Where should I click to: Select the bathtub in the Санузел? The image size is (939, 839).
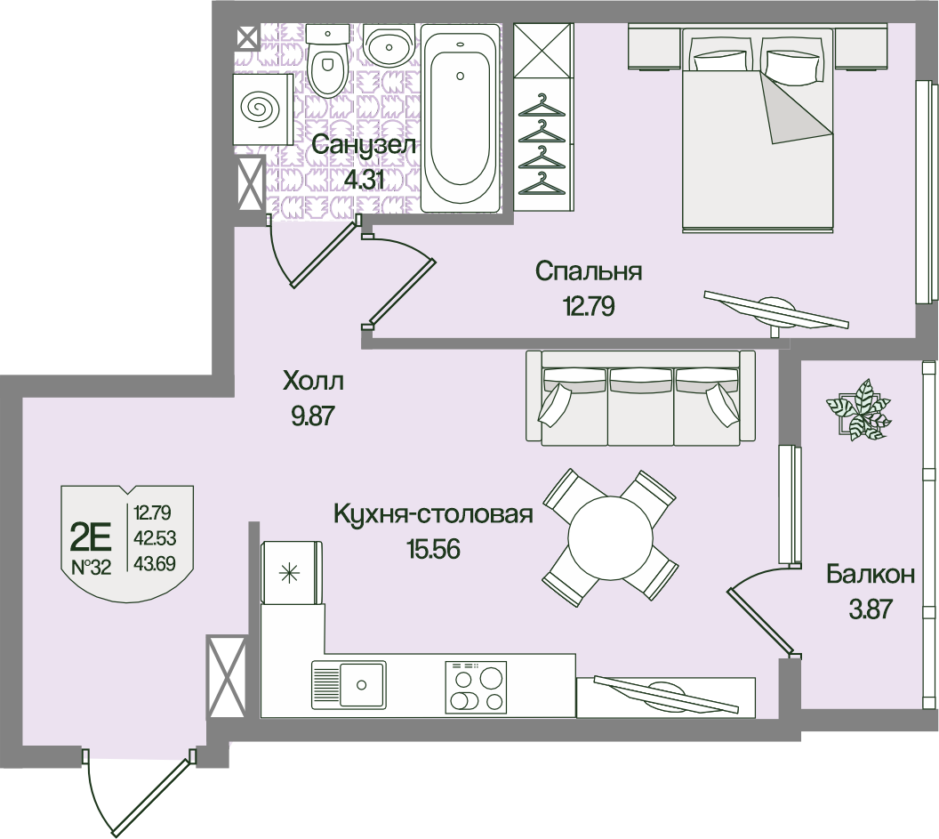[x=459, y=118]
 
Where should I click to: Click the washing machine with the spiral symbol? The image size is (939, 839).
[x=262, y=109]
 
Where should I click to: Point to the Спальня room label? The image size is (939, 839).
[x=589, y=271]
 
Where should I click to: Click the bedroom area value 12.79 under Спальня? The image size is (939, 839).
[x=589, y=307]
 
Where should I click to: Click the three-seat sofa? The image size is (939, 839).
[x=640, y=399]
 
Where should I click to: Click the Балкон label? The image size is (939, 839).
[x=870, y=574]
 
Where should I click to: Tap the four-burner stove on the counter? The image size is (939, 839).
[x=475, y=688]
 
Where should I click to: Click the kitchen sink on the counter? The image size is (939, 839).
[x=348, y=685]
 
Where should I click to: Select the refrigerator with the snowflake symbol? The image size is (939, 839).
[x=290, y=572]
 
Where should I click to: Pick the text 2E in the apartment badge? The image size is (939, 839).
[x=90, y=536]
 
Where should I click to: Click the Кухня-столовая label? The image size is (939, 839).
[x=433, y=515]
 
